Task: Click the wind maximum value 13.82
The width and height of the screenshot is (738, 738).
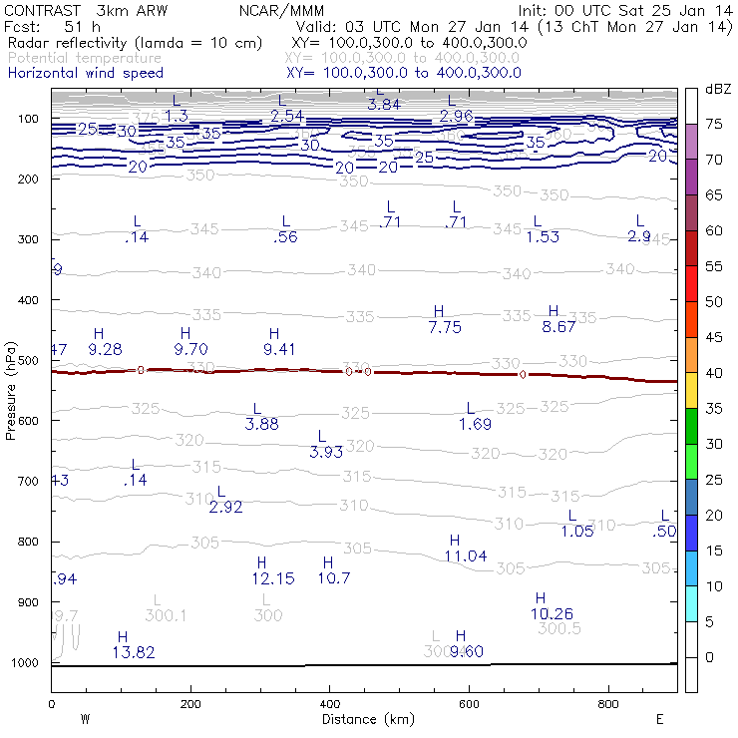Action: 122,652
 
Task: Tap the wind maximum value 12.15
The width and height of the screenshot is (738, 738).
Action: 273,578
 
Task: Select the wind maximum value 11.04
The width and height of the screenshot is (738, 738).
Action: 466,555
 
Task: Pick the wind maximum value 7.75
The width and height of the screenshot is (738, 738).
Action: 445,327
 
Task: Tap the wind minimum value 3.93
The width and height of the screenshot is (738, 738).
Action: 326,452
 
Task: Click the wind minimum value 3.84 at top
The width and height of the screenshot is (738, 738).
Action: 384,104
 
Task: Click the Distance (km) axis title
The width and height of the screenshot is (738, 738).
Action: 363,719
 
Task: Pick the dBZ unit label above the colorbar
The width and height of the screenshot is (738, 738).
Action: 717,89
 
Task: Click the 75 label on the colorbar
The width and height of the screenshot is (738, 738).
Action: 714,124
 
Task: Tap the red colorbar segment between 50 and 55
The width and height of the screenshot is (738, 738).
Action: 691,284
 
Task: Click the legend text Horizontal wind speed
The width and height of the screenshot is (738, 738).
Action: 86,73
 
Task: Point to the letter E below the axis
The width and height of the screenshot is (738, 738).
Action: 660,718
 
